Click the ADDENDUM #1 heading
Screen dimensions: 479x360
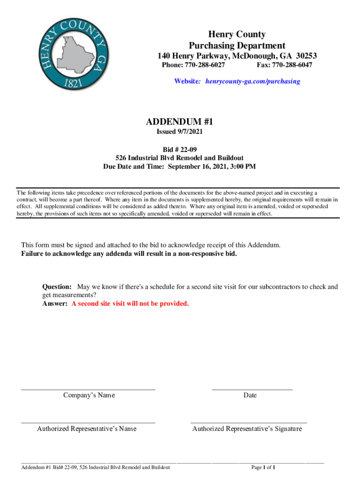pyautogui.click(x=180, y=122)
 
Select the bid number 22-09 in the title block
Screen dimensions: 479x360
pyautogui.click(x=187, y=150)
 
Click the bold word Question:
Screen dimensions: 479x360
pyautogui.click(x=57, y=287)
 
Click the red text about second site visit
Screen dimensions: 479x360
pyautogui.click(x=130, y=304)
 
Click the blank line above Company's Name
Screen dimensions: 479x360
pyautogui.click(x=88, y=389)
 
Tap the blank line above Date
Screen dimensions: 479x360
pyautogui.click(x=252, y=389)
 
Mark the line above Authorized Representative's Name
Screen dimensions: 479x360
pyautogui.click(x=88, y=422)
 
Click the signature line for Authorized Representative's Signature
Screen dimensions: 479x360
pyautogui.click(x=248, y=422)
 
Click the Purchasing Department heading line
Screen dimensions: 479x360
pyautogui.click(x=237, y=45)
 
